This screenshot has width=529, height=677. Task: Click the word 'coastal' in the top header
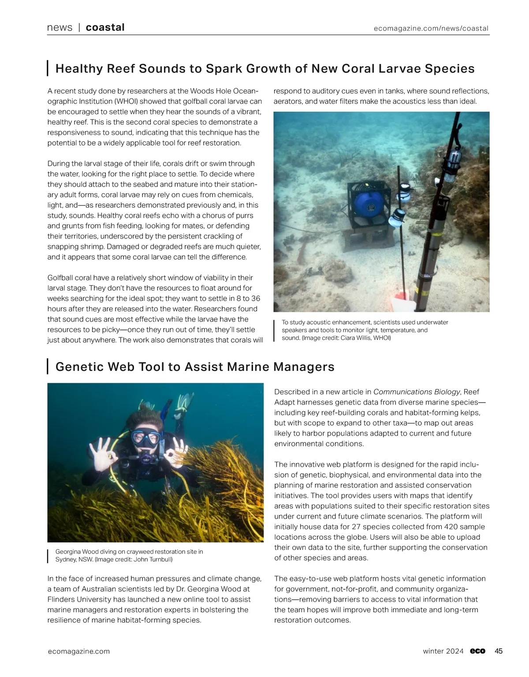(105, 27)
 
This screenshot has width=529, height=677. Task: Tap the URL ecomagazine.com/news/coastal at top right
(431, 28)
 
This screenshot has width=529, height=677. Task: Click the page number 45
(499, 651)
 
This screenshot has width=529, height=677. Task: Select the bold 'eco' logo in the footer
(477, 651)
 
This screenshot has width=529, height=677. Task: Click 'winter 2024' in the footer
(443, 651)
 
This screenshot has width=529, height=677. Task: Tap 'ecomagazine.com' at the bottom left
(78, 651)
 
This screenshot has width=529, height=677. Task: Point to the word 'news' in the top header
(60, 27)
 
